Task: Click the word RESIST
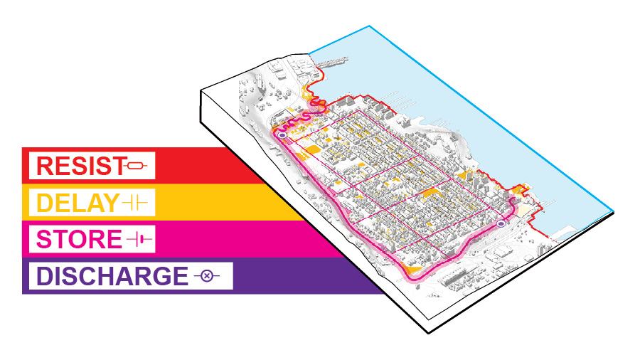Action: (x=79, y=166)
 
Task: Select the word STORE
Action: (x=79, y=240)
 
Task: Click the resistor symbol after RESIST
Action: (x=137, y=166)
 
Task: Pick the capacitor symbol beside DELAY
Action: (x=134, y=203)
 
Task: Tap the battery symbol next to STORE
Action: (x=139, y=240)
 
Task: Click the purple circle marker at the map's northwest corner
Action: (x=282, y=134)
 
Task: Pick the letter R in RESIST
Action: (x=44, y=166)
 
